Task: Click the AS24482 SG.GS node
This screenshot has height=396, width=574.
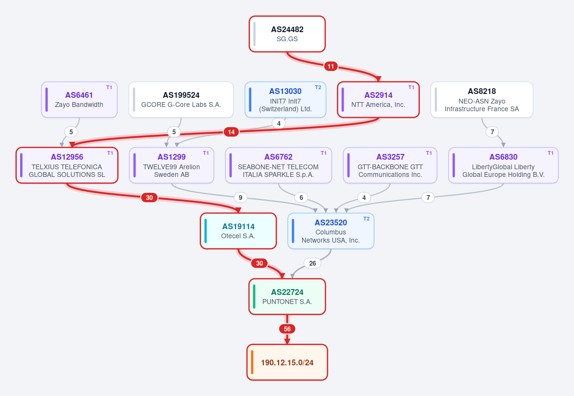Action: pos(287,34)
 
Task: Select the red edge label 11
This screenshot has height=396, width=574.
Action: pos(330,66)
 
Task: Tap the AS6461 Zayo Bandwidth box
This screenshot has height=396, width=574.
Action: pos(79,100)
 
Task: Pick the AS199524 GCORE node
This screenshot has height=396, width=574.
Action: pos(181,100)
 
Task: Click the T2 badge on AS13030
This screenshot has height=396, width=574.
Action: pos(318,87)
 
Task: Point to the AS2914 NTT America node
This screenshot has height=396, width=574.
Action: pos(378,100)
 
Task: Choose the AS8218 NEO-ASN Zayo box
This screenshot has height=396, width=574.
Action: pos(482,100)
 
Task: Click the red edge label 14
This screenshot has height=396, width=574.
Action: pos(231,132)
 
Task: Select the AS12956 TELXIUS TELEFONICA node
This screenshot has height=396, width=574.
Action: pos(67,165)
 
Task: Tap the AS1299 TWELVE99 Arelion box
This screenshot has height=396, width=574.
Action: pos(171,165)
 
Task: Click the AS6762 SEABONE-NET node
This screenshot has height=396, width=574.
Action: pos(279,165)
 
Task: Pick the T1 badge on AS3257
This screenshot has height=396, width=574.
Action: pos(429,153)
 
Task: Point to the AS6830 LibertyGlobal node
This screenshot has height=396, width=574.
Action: pos(503,165)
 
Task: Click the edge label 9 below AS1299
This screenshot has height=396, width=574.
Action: pos(240,198)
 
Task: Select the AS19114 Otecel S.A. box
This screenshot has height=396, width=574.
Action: pos(238,231)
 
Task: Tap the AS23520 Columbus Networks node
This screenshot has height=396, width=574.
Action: pos(331,231)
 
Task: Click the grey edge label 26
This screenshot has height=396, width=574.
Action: pos(313,263)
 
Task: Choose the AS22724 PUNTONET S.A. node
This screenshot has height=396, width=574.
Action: pos(287,297)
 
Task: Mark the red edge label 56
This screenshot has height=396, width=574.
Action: pos(287,329)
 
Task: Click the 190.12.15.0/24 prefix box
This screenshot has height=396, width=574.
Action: pos(287,362)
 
